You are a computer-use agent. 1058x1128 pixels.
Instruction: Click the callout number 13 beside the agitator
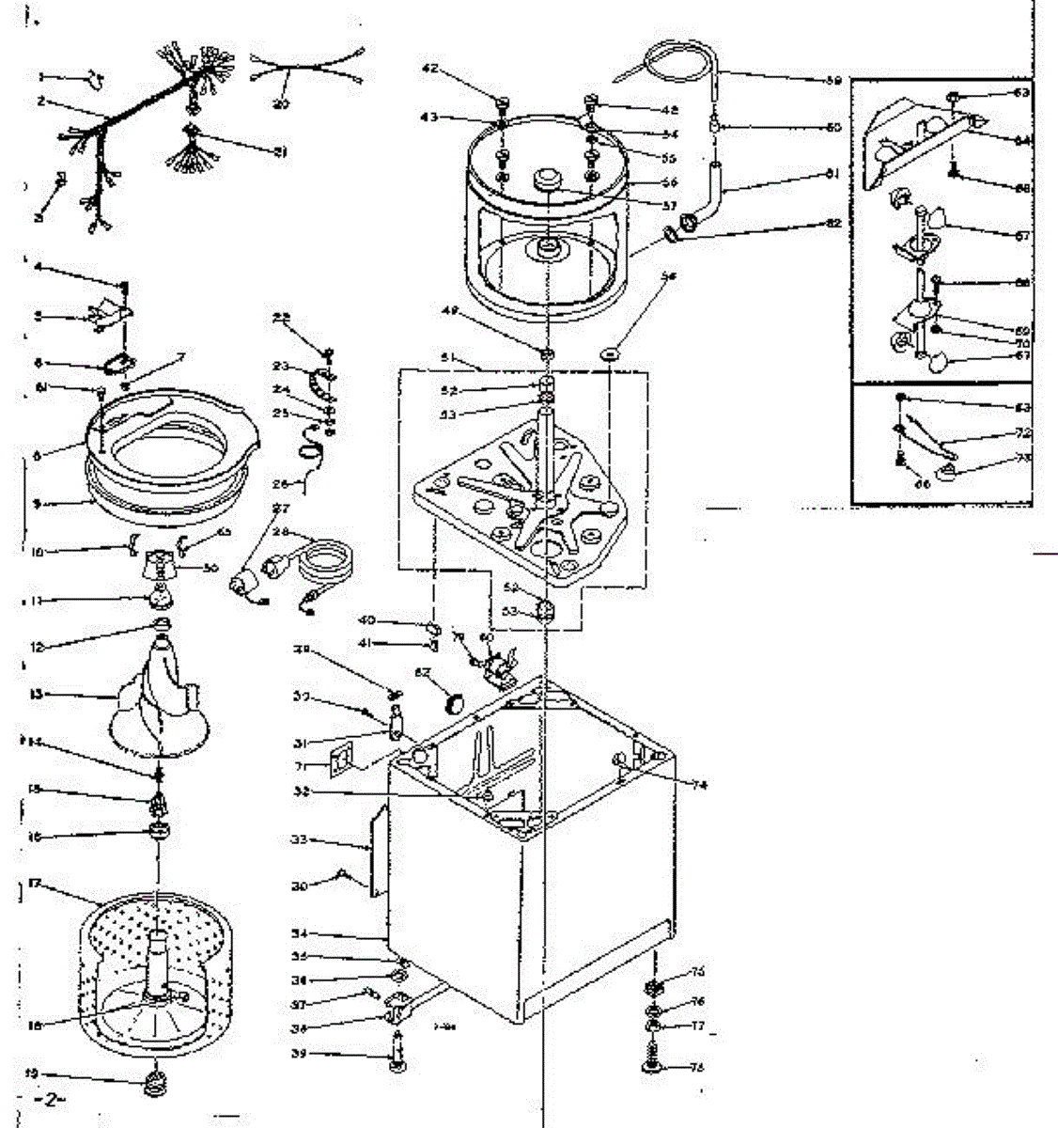pos(38,695)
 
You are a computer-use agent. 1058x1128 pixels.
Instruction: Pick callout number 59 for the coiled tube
pos(833,81)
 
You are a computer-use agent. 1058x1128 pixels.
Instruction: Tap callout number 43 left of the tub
pos(428,117)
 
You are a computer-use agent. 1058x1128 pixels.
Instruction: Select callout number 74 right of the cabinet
pos(700,785)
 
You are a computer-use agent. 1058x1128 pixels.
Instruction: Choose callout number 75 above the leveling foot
pos(698,971)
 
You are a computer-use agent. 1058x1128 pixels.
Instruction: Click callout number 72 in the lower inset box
pos(1023,433)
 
